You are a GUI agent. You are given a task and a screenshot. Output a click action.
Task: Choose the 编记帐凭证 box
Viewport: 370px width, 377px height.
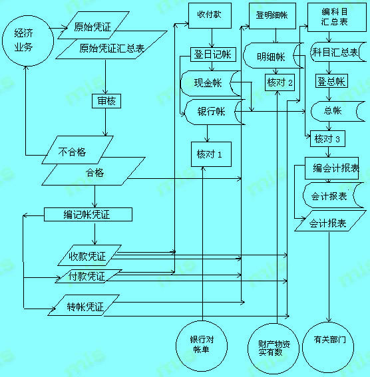click(x=88, y=214)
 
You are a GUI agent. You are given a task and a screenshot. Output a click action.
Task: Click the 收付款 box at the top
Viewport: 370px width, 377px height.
click(x=209, y=15)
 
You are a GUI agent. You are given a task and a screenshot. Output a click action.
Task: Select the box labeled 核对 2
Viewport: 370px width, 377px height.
click(x=280, y=82)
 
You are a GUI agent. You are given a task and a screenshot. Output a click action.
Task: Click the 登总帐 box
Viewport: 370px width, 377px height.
click(x=331, y=81)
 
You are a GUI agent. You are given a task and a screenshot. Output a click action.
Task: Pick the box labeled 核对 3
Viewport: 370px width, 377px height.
click(x=327, y=139)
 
